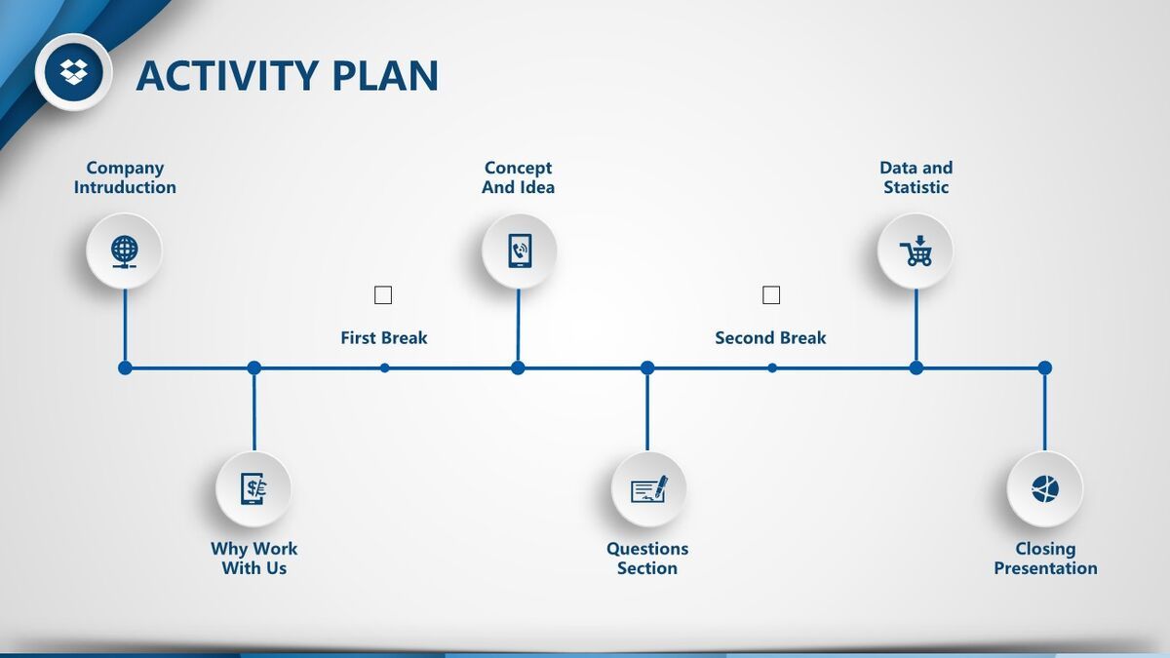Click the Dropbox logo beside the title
tap(73, 71)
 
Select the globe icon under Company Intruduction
tap(125, 251)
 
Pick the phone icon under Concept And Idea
tap(519, 251)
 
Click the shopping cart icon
tap(916, 251)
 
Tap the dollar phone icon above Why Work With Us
tap(253, 487)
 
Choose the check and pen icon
tap(648, 487)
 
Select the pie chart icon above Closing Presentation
tap(1044, 487)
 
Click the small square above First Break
tap(383, 294)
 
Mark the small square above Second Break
tap(771, 294)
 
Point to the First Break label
tap(383, 338)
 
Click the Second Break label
tap(770, 338)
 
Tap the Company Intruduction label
tap(125, 177)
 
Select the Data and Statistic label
tap(916, 177)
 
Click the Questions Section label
tap(647, 559)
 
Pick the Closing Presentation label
tap(1045, 559)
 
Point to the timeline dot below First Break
tap(385, 368)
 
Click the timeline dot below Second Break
tap(772, 368)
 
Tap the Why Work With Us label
tap(253, 559)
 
